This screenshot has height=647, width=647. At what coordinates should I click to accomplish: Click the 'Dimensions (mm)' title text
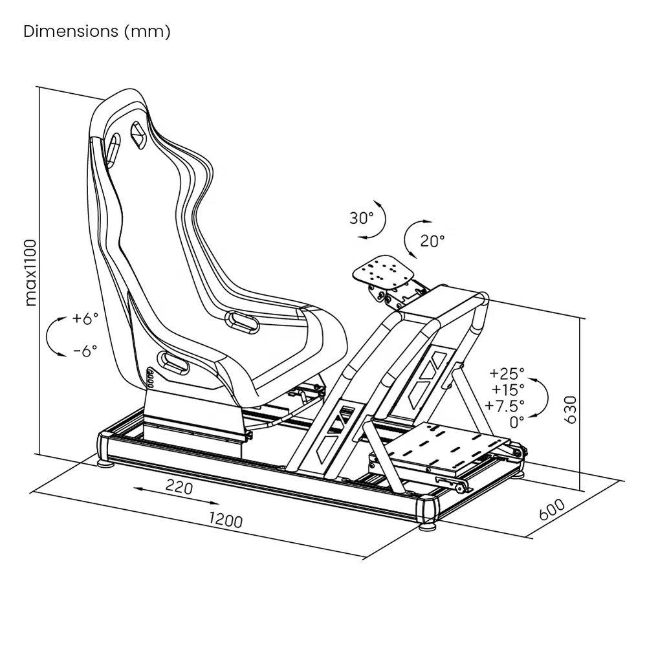97,32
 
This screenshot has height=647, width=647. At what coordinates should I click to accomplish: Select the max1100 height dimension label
30,272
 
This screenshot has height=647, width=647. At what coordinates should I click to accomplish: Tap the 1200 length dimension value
226,520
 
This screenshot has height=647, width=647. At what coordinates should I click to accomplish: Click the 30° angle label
362,218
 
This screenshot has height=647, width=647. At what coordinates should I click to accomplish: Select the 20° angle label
432,241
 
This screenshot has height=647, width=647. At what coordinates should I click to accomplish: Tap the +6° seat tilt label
85,318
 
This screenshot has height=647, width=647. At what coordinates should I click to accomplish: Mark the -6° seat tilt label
85,350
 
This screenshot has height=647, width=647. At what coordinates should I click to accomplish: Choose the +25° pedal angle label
507,373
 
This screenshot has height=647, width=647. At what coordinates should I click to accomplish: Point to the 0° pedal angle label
517,422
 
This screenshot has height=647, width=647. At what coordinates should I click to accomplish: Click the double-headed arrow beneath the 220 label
176,498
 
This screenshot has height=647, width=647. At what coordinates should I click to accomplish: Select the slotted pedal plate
452,446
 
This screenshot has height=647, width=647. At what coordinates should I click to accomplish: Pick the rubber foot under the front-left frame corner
427,527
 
